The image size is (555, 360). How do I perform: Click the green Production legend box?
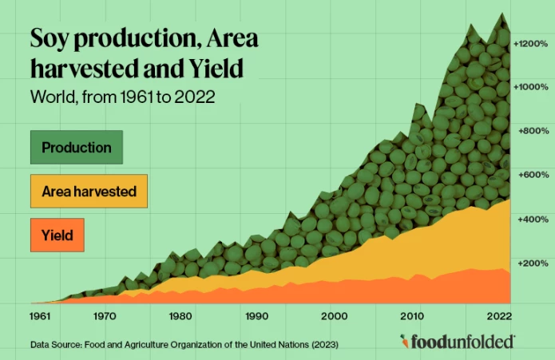(76, 148)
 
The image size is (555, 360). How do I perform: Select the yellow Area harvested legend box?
(89, 192)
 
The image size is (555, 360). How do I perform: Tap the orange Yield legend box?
(57, 235)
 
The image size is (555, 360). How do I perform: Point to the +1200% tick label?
(530, 42)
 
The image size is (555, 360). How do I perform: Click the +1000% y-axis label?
(530, 86)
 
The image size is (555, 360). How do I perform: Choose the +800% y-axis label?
(532, 130)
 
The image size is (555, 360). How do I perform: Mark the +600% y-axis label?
(532, 174)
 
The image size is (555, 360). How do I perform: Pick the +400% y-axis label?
(532, 219)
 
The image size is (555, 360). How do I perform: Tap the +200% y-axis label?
(532, 263)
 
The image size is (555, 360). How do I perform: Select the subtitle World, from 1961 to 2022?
(123, 98)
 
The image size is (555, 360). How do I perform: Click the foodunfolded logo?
(458, 342)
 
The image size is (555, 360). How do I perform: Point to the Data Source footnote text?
(184, 345)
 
